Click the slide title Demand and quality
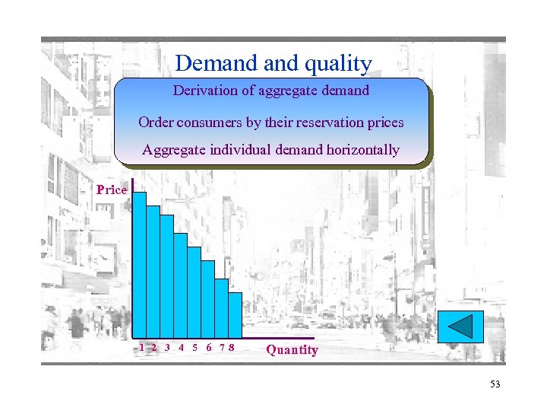click(x=273, y=63)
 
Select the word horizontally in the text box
click(x=362, y=150)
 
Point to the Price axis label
click(x=112, y=190)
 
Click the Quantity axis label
click(x=292, y=349)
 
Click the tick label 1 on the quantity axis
click(x=142, y=347)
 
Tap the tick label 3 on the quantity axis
click(x=167, y=347)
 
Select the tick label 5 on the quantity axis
click(x=195, y=347)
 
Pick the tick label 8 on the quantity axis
click(x=231, y=347)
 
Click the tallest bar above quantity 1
click(x=139, y=263)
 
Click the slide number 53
click(x=495, y=384)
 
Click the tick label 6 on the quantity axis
click(x=209, y=347)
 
